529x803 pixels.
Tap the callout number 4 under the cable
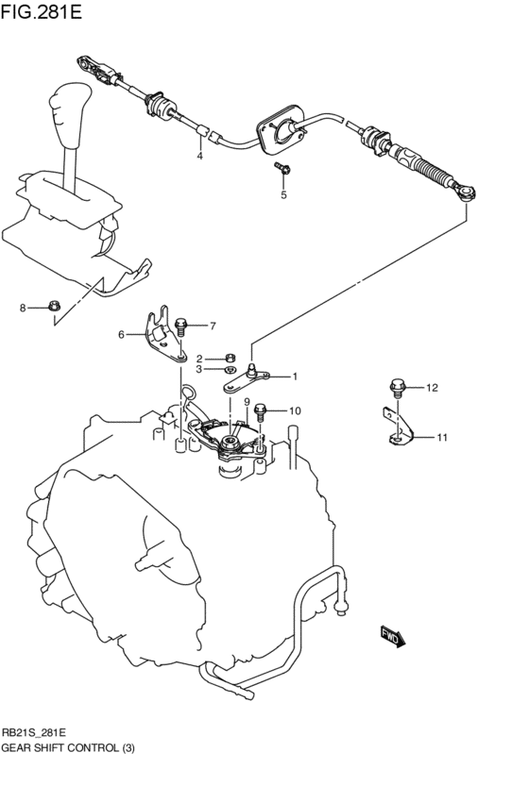(x=199, y=156)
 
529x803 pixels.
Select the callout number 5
(x=282, y=195)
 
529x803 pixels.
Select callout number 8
(x=24, y=308)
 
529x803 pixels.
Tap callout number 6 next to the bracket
(x=121, y=334)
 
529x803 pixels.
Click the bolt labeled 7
(x=182, y=327)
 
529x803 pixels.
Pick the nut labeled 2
(x=230, y=358)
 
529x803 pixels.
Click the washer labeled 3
(x=230, y=370)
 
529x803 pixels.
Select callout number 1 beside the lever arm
(x=294, y=376)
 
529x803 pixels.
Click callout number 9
(x=247, y=402)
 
